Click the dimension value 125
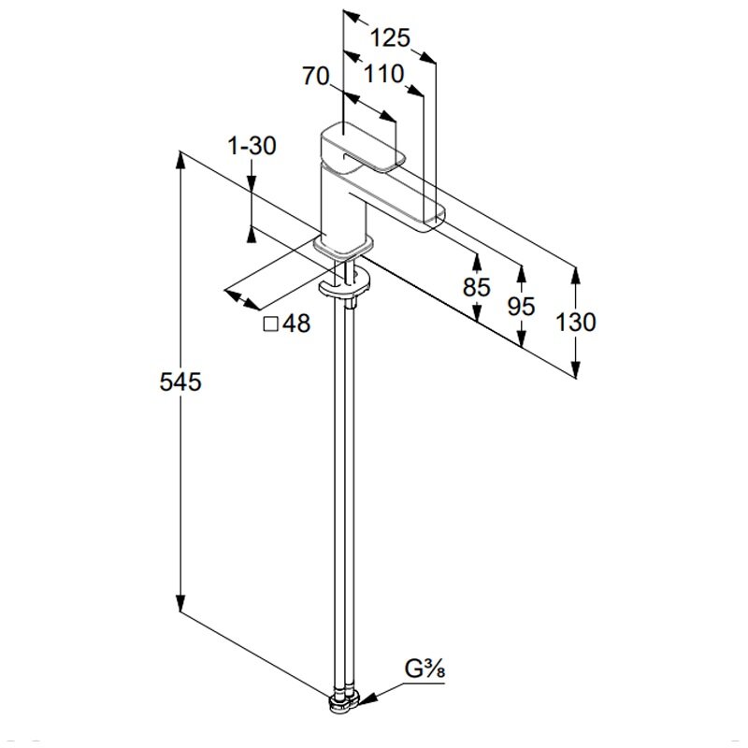click(x=390, y=37)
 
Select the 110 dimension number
click(x=384, y=74)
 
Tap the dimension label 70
click(x=316, y=76)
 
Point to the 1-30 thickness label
click(x=252, y=146)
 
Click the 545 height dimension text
click(x=180, y=382)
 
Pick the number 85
click(x=477, y=287)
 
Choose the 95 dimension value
click(x=521, y=307)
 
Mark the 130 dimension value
click(x=576, y=322)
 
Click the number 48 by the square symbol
click(x=296, y=324)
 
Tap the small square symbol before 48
click(x=270, y=324)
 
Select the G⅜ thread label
click(x=424, y=669)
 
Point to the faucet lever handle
click(x=363, y=148)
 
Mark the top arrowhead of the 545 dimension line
click(x=180, y=160)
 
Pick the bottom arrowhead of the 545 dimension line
click(x=180, y=603)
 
